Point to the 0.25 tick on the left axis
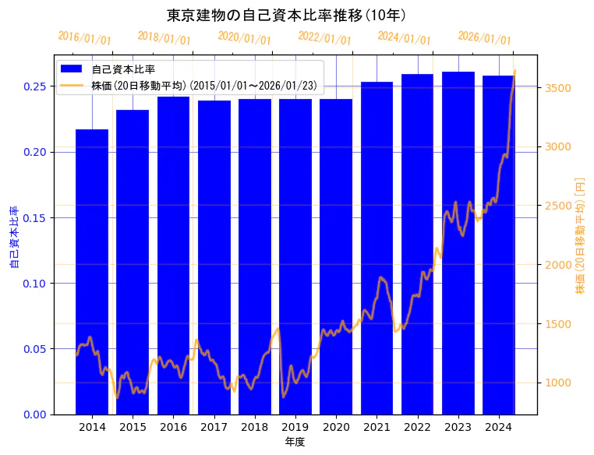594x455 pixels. (34, 86)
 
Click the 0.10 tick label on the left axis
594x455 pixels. (34, 284)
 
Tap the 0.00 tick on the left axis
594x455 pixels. (34, 414)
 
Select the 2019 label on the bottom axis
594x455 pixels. (295, 427)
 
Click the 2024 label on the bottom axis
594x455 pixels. (498, 427)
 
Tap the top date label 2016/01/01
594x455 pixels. (85, 38)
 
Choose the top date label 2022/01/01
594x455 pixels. (325, 38)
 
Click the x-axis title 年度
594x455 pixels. (295, 442)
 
